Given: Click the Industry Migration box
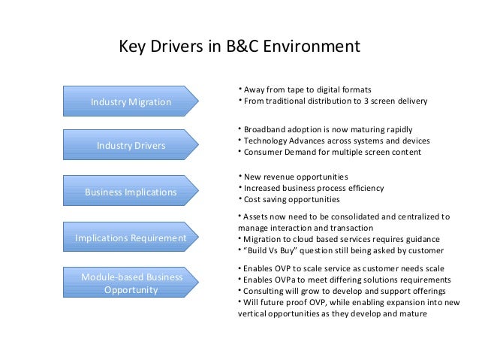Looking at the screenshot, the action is (x=131, y=101).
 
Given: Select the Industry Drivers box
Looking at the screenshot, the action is (x=131, y=144).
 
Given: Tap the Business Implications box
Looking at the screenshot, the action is (x=131, y=192).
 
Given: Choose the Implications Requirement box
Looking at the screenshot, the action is (x=131, y=239).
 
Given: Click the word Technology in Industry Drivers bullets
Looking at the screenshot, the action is (x=267, y=140).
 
